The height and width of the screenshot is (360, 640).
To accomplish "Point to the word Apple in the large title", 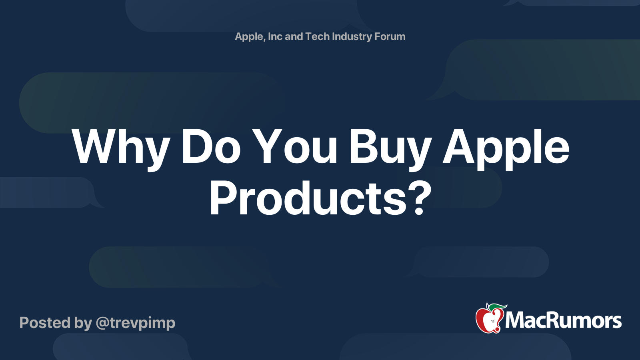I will click(506, 147).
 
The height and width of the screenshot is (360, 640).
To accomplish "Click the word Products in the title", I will click(308, 198).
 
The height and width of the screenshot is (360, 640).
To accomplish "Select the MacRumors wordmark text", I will click(563, 320).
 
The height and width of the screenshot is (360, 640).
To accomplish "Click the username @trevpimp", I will click(136, 323).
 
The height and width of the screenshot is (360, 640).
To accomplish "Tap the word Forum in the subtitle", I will click(390, 36).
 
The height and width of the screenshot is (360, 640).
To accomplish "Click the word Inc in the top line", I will click(275, 36).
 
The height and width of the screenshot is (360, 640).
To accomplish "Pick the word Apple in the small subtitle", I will click(249, 37).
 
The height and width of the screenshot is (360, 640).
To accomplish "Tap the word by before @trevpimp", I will click(83, 323).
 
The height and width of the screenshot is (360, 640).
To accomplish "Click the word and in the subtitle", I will click(294, 36).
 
